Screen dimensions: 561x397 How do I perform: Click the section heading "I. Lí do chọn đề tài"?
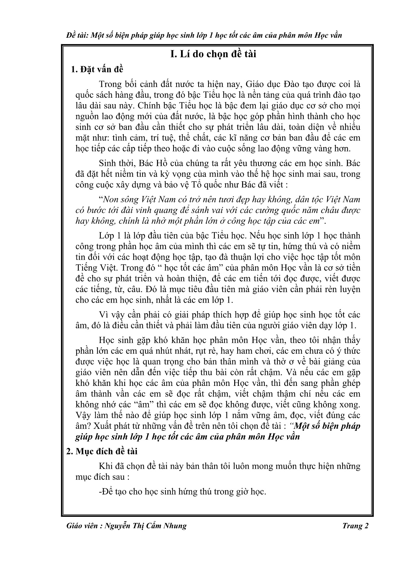coord(213,54)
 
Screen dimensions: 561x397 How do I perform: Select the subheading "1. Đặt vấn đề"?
coord(97,70)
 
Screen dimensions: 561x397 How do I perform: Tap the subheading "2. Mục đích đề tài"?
coord(101,451)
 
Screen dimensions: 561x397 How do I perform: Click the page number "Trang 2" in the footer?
coord(355,526)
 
